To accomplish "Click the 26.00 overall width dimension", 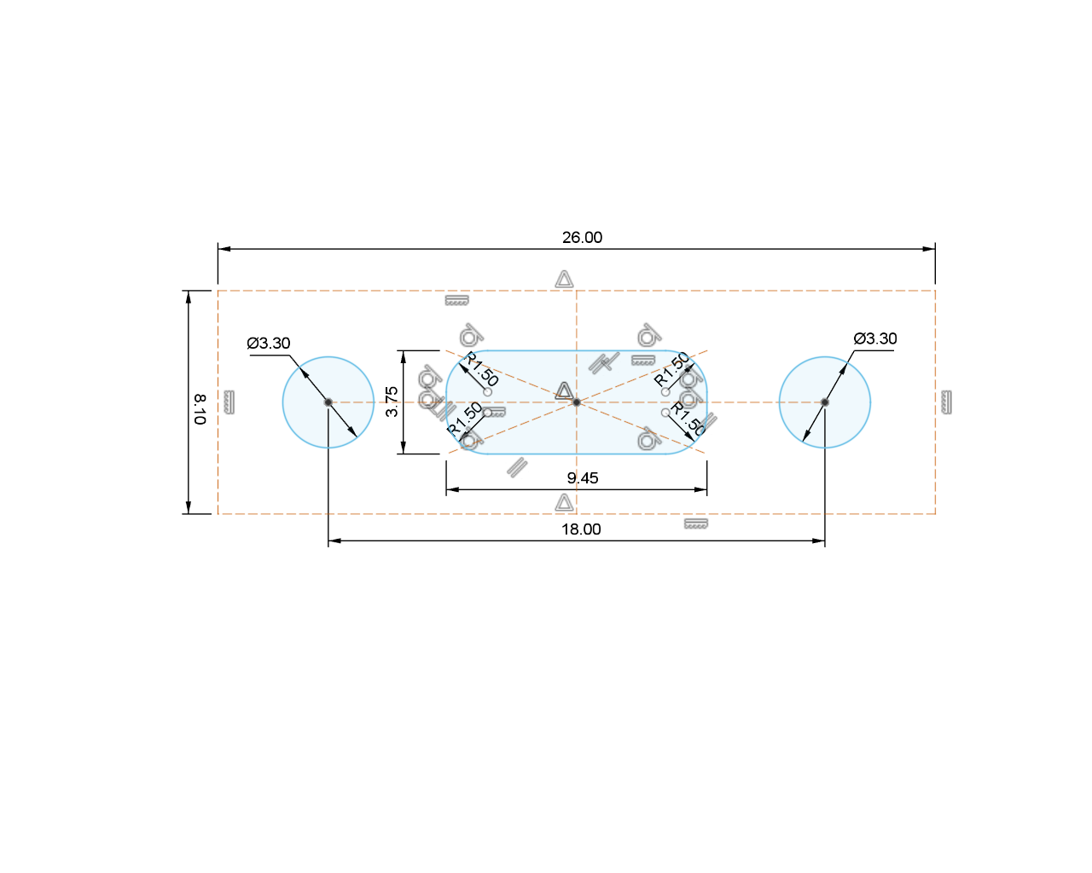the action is coord(582,237).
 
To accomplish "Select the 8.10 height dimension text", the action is coord(200,409).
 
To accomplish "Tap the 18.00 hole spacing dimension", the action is coord(581,529).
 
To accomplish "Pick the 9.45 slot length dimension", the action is coord(583,477).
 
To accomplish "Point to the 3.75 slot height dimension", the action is coord(392,402).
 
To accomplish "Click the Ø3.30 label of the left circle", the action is coord(269,344).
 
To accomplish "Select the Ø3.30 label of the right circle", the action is coord(875,338).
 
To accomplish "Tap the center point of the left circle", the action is coord(328,402).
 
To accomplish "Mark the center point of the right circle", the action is coord(825,402).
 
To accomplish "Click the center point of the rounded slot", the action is coord(577,402).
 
